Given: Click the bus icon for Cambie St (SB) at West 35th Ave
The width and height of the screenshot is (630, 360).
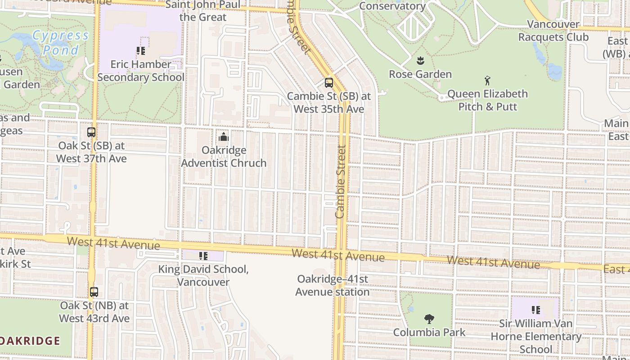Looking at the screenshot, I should click(x=329, y=83).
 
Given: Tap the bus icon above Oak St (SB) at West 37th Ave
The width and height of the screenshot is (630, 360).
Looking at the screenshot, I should click(x=91, y=132).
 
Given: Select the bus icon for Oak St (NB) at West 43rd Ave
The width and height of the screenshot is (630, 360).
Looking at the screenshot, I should click(x=94, y=292).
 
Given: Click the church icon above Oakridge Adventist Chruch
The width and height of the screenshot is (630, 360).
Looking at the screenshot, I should click(x=224, y=137).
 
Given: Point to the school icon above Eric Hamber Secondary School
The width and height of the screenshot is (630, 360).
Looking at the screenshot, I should click(x=140, y=51).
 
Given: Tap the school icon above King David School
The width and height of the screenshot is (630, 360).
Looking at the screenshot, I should click(x=203, y=256).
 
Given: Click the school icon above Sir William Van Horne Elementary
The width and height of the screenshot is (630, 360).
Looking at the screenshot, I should click(x=535, y=310).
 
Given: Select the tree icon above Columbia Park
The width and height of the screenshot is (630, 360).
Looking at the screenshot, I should click(x=429, y=319).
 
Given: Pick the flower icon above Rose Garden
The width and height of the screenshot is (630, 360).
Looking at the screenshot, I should click(x=420, y=61).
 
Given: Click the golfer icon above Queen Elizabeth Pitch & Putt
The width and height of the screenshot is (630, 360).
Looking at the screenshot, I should click(x=487, y=81).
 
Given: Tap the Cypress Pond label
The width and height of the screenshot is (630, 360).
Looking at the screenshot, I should click(x=61, y=42).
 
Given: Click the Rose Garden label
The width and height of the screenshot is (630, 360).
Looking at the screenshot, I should click(x=420, y=74).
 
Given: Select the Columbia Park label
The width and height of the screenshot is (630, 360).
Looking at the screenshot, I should click(x=429, y=333).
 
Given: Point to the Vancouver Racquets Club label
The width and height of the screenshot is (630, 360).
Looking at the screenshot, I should click(x=553, y=31).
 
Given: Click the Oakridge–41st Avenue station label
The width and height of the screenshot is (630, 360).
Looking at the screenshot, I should click(x=333, y=285).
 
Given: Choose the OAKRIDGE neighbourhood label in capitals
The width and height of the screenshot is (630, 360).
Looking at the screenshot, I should click(x=30, y=341).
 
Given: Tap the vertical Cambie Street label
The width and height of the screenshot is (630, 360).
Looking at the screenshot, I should click(x=341, y=181).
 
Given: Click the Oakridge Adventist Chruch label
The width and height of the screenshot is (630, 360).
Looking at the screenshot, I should click(x=224, y=157).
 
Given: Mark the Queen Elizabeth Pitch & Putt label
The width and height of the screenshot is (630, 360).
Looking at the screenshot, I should click(x=487, y=100).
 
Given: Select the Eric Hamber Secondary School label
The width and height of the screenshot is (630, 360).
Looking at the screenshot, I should click(x=141, y=71).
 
